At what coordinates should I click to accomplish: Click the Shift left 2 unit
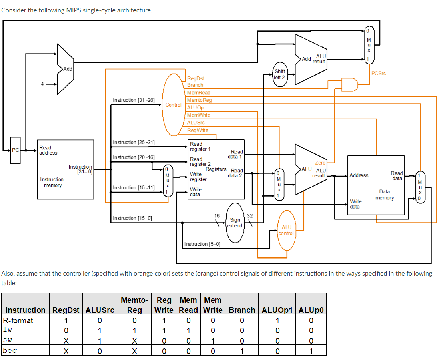coord(279,74)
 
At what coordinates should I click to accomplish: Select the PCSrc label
coord(378,73)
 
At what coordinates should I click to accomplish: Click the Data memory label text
coord(384,195)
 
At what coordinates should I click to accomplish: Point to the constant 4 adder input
coord(42,84)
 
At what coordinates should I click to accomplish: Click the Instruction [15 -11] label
coord(134,187)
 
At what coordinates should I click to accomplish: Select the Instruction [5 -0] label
coord(202,244)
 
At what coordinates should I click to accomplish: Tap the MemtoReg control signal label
coord(199,100)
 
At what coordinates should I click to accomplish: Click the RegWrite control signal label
coord(198,130)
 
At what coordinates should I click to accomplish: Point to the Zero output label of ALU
coord(320,163)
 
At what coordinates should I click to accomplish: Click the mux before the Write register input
coord(168,180)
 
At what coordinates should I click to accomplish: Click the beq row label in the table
coord(10,351)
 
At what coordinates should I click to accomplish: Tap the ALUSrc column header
coord(100,310)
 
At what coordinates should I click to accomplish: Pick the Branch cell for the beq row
coord(242,351)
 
